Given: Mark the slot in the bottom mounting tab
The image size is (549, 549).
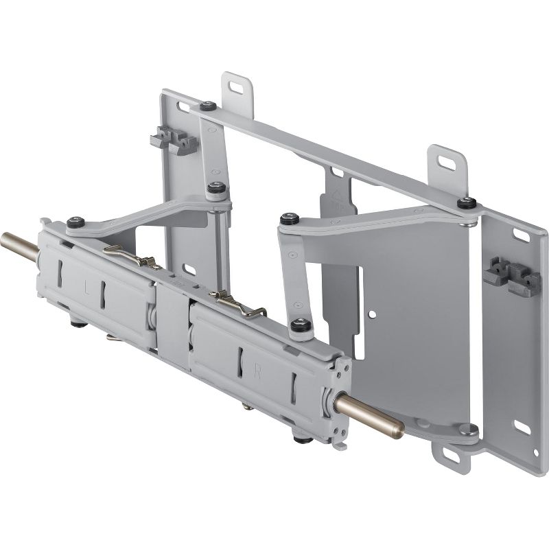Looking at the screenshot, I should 446,454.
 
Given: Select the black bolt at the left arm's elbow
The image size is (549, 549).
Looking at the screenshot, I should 218,187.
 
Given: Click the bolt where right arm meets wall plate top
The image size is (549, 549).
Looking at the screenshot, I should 467,203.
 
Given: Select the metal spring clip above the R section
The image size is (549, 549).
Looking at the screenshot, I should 236,302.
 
